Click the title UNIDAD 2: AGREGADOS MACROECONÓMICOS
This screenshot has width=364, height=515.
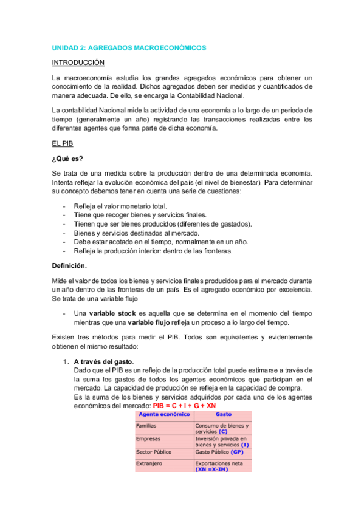[x=128, y=47]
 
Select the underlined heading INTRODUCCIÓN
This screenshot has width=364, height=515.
[x=78, y=63]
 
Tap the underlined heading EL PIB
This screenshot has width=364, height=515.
[x=63, y=143]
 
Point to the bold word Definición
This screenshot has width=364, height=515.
[x=69, y=265]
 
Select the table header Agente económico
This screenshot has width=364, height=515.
[x=160, y=414]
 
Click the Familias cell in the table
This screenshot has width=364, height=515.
[x=148, y=426]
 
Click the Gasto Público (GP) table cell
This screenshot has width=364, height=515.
[x=219, y=452]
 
